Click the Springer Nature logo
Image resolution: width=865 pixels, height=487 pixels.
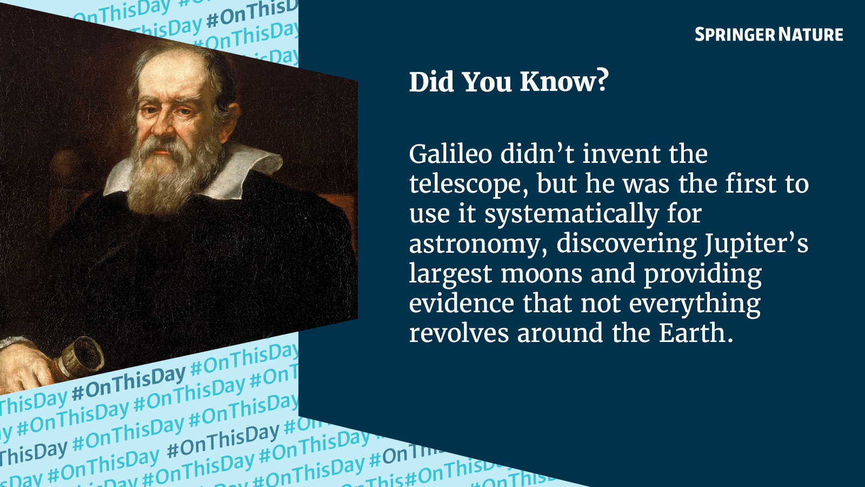(769, 35)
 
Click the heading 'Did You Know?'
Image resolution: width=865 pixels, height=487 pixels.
(509, 81)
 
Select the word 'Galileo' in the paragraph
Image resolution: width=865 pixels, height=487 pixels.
(450, 154)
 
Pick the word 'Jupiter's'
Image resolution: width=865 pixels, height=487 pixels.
(756, 243)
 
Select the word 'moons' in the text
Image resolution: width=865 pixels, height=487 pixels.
(541, 274)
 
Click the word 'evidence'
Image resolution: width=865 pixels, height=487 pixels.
(462, 303)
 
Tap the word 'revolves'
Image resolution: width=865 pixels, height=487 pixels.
(459, 333)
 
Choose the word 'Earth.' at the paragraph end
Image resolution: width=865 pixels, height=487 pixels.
(696, 333)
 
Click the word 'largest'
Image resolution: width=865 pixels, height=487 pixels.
(451, 274)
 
